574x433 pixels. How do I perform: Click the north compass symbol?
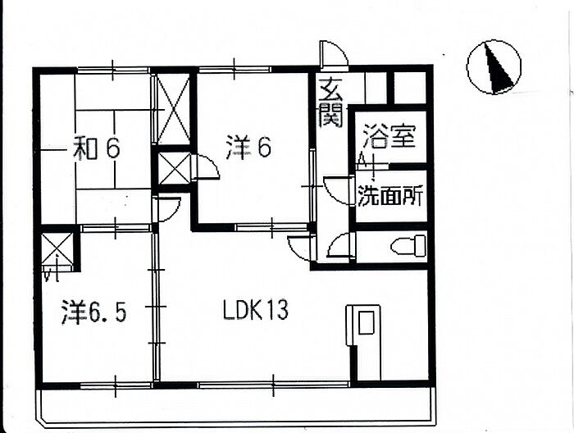(494, 67)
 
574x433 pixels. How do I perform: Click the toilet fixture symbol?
(408, 245)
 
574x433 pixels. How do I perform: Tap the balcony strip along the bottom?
(238, 403)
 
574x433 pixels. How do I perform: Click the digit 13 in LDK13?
(276, 311)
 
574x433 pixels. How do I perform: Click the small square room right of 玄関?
(409, 87)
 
